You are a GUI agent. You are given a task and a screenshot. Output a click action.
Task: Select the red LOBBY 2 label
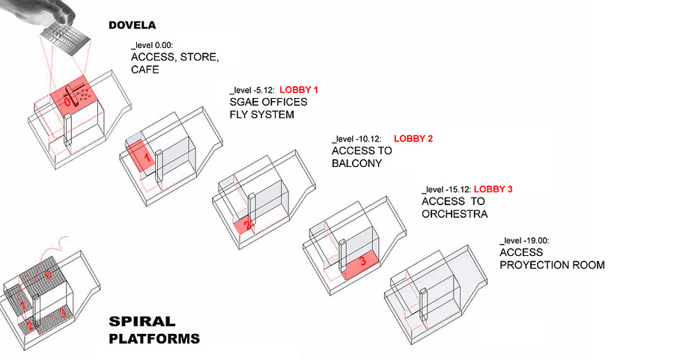(413, 138)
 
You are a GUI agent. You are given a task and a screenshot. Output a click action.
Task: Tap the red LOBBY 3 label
(493, 189)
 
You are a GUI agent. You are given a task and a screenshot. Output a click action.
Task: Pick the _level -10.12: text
(356, 139)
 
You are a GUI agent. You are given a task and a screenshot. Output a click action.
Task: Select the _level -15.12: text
(446, 190)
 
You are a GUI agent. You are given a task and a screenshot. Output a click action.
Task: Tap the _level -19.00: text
(524, 241)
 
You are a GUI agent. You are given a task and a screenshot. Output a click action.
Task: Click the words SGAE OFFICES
(268, 103)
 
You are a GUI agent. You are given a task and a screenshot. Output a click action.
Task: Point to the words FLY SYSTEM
(261, 115)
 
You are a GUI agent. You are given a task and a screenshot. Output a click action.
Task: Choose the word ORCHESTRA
(455, 214)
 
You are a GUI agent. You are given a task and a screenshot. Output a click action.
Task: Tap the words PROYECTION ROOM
(551, 265)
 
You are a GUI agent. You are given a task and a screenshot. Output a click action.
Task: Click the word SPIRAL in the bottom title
(142, 322)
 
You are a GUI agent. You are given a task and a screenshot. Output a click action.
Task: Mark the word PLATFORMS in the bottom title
(154, 339)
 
